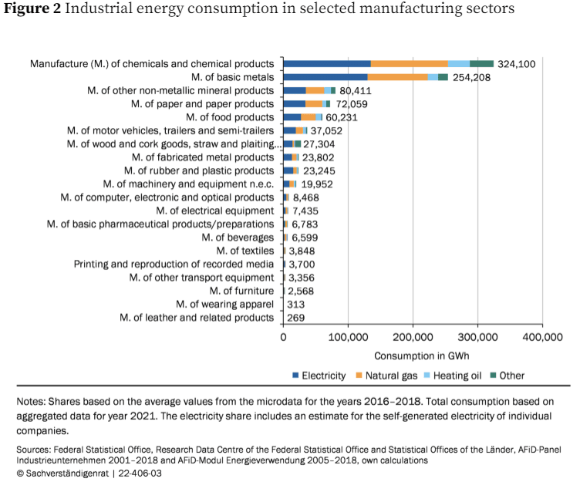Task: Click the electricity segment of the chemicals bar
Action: coord(327,63)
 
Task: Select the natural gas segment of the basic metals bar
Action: coord(398,77)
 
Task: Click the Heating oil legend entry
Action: coord(454,376)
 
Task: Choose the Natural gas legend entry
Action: coord(385,376)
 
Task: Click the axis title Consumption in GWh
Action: coord(421,356)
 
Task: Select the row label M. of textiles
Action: coord(244,251)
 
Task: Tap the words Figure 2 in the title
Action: coord(32,9)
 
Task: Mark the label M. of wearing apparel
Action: coord(224,304)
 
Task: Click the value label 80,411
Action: coord(356,90)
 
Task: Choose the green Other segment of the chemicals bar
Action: coord(481,63)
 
